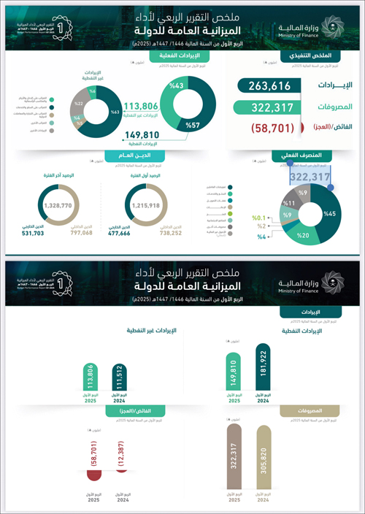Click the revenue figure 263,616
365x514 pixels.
[x=264, y=86]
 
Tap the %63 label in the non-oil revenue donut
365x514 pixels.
[x=115, y=112]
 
